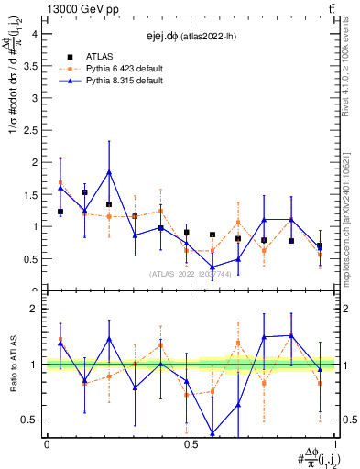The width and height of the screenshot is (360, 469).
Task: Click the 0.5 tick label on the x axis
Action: [x=190, y=443]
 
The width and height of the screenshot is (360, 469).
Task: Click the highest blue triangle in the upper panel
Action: [x=109, y=171]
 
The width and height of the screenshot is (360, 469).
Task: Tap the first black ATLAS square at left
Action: [x=60, y=212]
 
